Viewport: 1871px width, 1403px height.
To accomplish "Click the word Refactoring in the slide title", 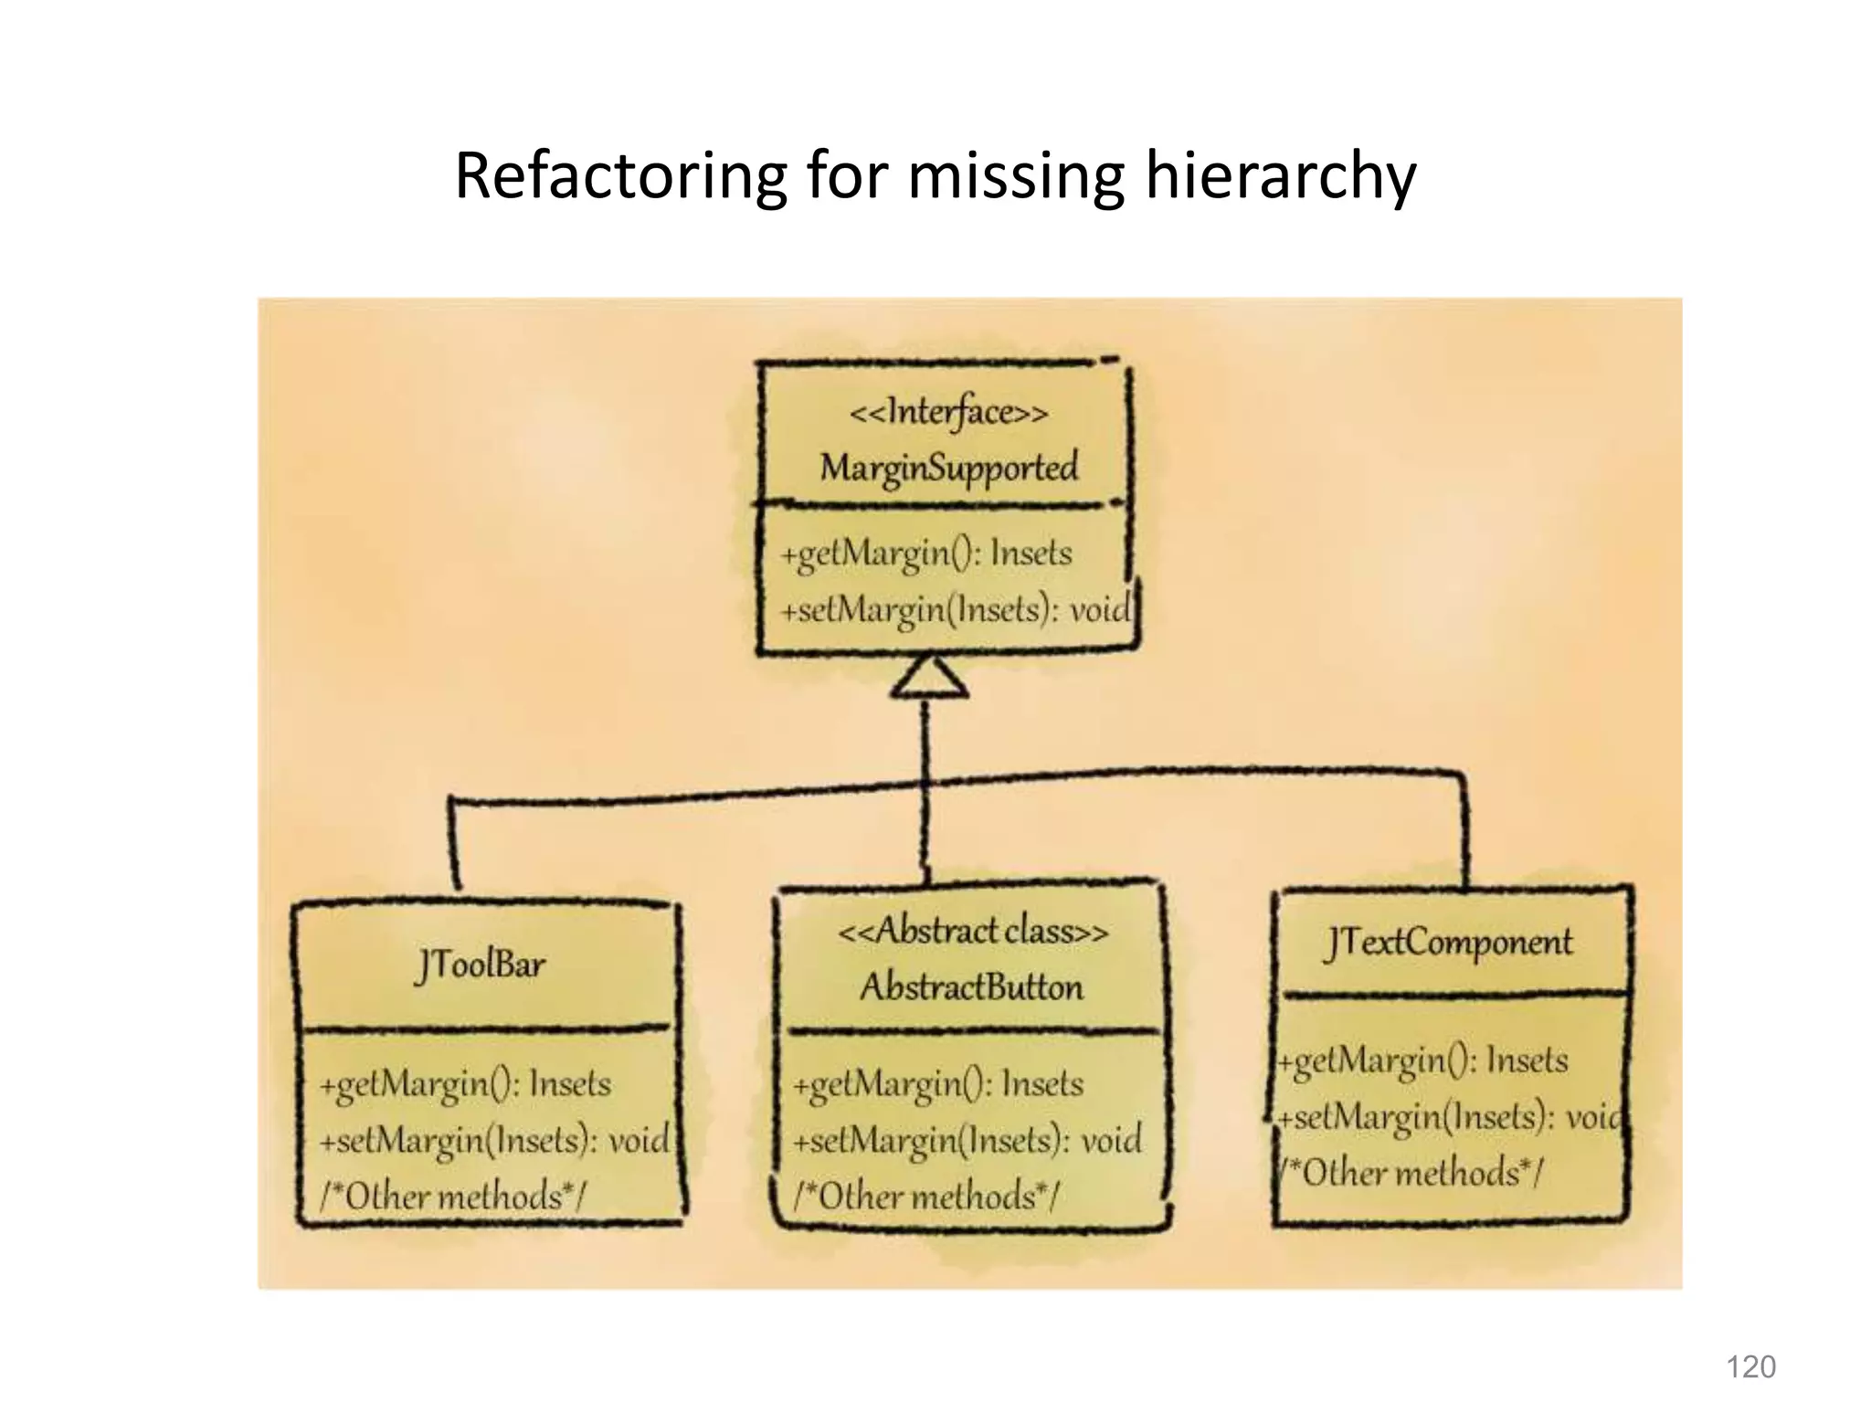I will point(620,176).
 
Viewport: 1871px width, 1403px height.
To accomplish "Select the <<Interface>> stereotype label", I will point(948,413).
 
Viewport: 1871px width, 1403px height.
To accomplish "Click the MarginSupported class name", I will point(948,468).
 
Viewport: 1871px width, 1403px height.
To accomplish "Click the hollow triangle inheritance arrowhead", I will point(928,679).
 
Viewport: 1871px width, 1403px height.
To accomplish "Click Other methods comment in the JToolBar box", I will point(452,1196).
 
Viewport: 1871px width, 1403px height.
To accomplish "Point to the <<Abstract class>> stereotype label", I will point(972,932).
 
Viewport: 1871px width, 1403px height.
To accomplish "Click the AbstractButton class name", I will point(971,987).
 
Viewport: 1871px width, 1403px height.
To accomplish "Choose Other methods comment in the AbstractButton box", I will point(925,1196).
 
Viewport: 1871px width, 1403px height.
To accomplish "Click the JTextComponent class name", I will point(1449,943).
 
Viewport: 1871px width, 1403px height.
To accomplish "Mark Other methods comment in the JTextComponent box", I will point(1411,1172).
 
